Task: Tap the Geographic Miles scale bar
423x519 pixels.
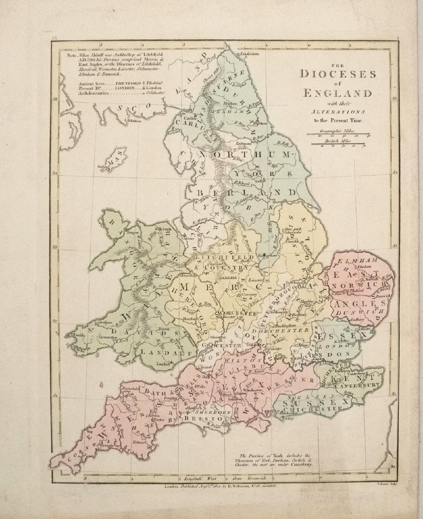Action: [x=338, y=135]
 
